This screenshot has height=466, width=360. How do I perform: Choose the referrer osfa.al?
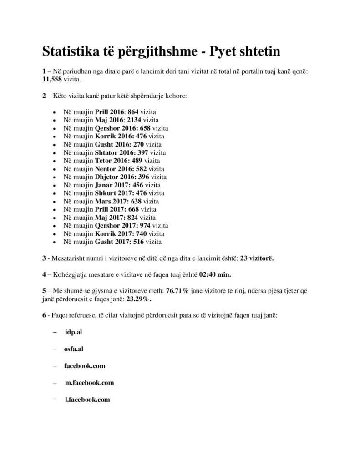[74, 349]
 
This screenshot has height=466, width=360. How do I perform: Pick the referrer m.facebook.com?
[89, 383]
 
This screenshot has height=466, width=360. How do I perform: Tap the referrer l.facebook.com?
[87, 400]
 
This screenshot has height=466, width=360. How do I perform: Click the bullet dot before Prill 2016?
[55, 112]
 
